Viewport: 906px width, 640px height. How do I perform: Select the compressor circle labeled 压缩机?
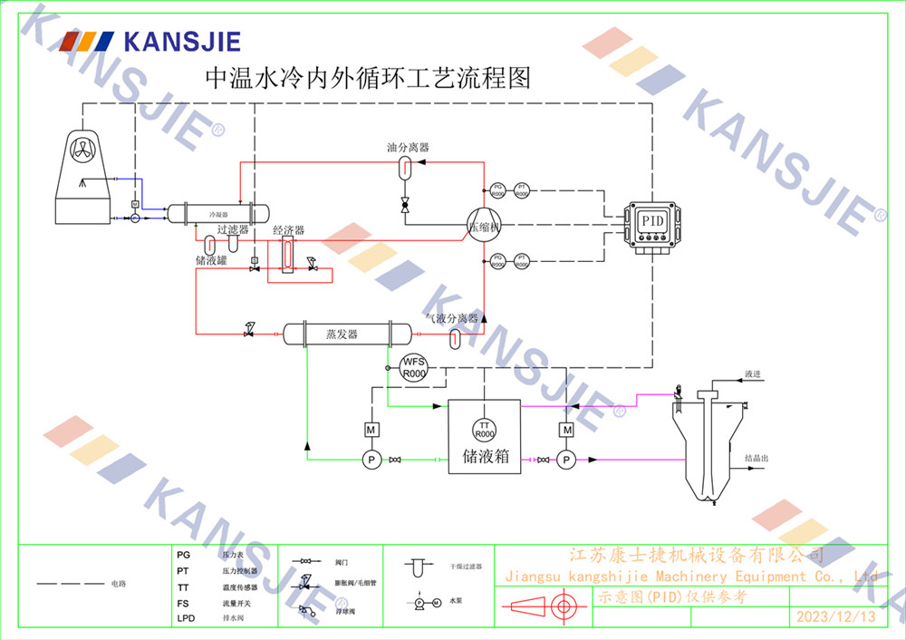coord(484,227)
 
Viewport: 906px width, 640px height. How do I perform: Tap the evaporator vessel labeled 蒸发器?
coord(342,334)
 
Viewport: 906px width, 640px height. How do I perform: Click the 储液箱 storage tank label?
coord(486,457)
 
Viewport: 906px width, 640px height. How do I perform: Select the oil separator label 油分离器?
coord(408,147)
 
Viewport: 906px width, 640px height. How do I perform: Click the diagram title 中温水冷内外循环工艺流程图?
coord(368,79)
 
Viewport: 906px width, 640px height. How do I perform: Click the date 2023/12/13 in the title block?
coord(835,617)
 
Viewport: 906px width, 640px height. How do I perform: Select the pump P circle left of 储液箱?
coord(371,461)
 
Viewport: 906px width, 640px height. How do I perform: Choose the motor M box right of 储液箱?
coord(566,429)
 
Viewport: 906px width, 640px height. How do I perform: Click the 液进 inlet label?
coord(753,373)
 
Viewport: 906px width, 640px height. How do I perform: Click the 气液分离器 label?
coord(452,318)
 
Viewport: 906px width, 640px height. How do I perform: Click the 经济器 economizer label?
coord(288,231)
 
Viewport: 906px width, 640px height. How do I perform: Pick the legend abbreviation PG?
coord(184,554)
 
